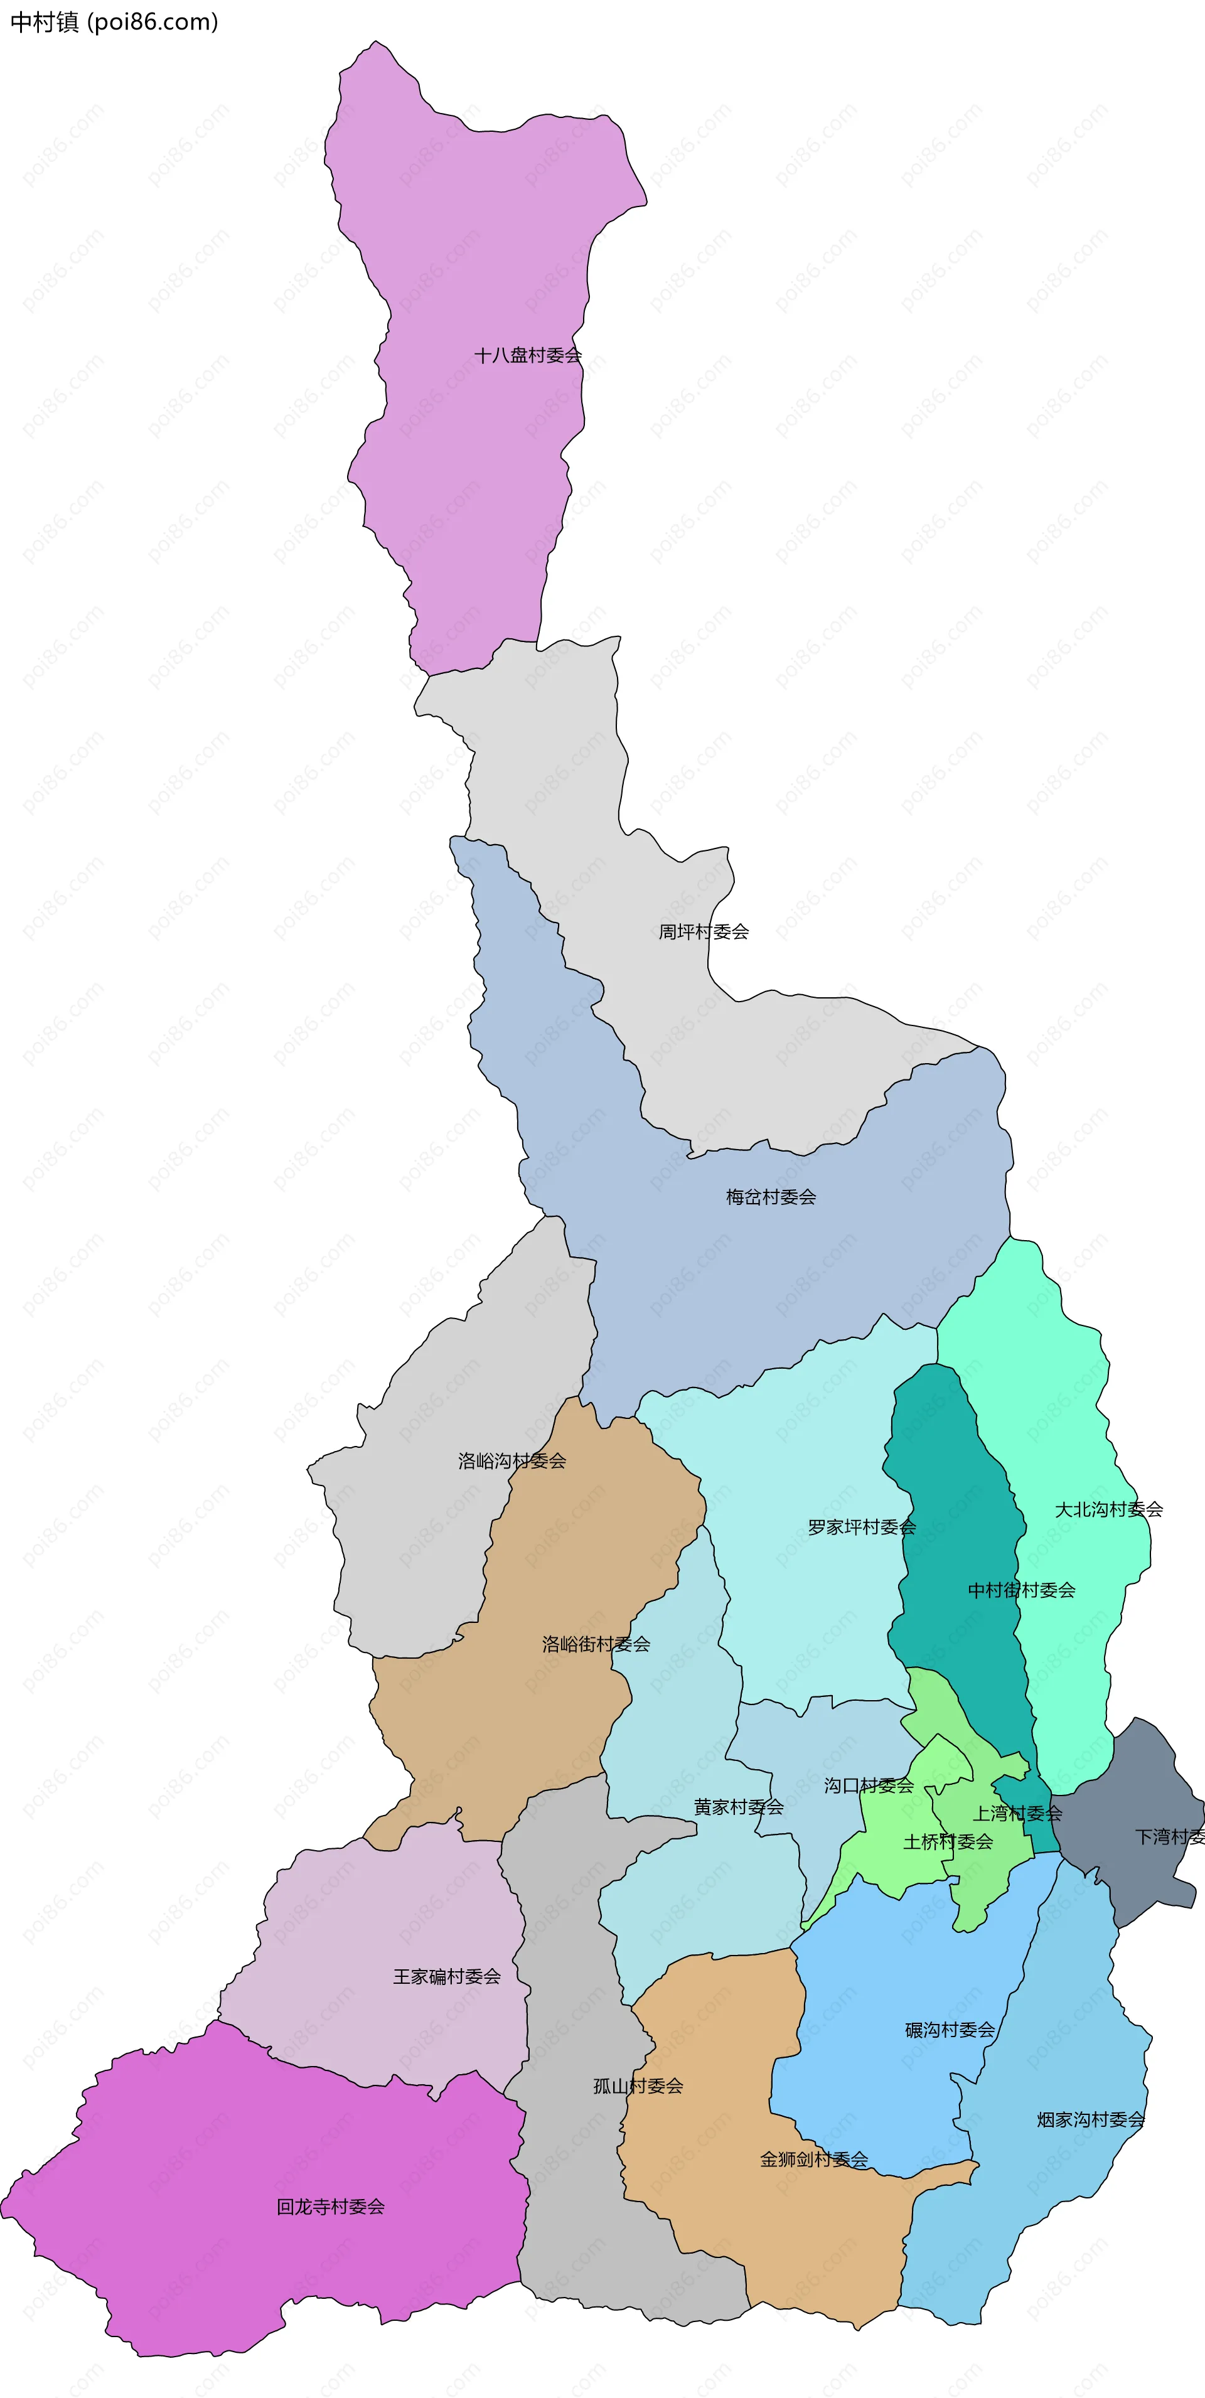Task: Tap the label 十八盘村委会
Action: (527, 355)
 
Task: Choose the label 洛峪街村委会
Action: (596, 1644)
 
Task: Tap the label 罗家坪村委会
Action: (861, 1527)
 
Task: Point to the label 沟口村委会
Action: (868, 1785)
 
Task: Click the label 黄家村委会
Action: (739, 1807)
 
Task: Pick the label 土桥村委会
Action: (948, 1841)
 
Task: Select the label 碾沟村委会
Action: (950, 2030)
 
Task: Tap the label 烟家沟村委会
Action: (1090, 2119)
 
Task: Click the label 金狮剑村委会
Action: (814, 2159)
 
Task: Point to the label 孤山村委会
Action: (638, 2086)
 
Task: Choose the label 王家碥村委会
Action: (446, 1976)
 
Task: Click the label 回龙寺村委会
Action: (331, 2206)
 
